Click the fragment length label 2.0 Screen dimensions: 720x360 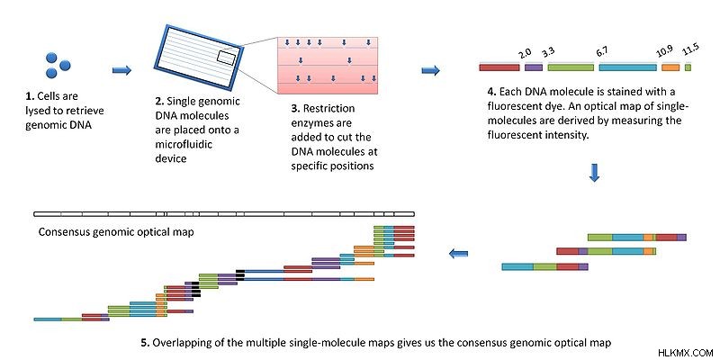[524, 55]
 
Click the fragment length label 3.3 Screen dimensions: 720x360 [547, 53]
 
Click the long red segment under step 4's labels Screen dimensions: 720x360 [499, 67]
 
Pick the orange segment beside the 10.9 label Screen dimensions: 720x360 [670, 67]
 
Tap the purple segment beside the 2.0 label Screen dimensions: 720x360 [534, 67]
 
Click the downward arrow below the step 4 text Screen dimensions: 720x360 [594, 173]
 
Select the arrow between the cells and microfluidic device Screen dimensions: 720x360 [122, 70]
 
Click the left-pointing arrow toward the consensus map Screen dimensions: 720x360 [458, 253]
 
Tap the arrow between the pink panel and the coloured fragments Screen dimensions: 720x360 [431, 70]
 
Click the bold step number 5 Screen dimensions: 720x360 [145, 343]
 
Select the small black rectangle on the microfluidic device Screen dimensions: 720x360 [227, 57]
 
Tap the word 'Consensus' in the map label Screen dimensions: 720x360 [63, 232]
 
